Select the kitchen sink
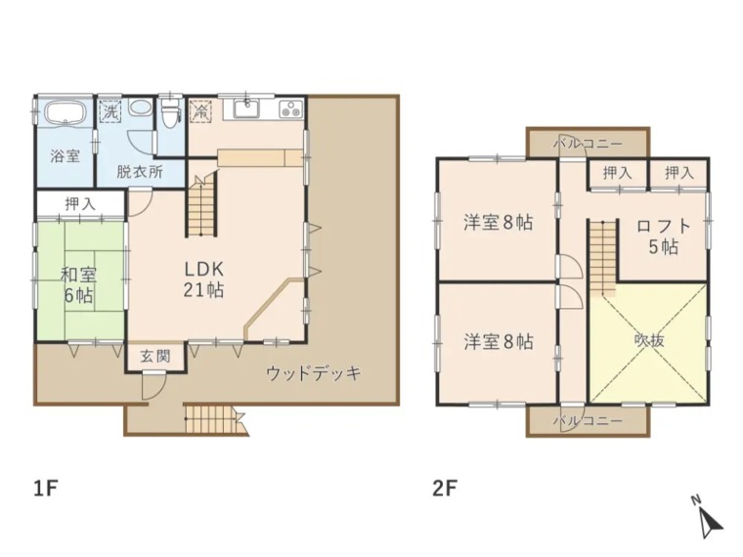click(x=246, y=108)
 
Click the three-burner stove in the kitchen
click(x=291, y=109)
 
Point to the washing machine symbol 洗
click(x=111, y=111)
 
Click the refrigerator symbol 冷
click(x=201, y=111)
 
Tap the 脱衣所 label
click(x=140, y=170)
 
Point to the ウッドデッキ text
click(x=315, y=372)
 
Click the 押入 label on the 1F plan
click(x=80, y=204)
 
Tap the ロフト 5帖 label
click(x=663, y=235)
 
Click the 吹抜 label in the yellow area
click(x=649, y=341)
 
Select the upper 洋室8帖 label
click(x=498, y=222)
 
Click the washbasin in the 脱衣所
click(x=141, y=109)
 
